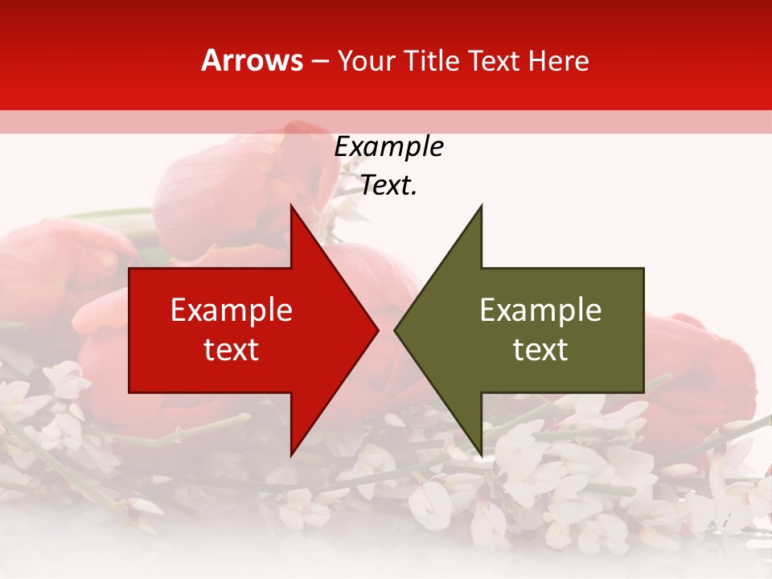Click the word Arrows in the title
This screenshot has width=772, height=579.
[253, 60]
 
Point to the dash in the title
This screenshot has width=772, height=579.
[320, 62]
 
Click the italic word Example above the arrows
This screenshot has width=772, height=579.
[388, 147]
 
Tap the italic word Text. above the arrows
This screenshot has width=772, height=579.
[388, 186]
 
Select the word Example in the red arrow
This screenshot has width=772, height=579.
[232, 310]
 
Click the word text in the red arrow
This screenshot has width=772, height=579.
[232, 350]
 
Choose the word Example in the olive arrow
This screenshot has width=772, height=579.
[540, 310]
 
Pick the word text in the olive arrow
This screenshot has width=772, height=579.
[540, 350]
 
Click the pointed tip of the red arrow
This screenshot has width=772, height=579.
[376, 330]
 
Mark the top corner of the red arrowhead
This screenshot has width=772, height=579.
[292, 207]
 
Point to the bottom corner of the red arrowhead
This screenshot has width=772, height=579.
[292, 454]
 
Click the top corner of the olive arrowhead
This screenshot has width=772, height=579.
[480, 207]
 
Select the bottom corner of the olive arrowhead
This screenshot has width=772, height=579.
[480, 454]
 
